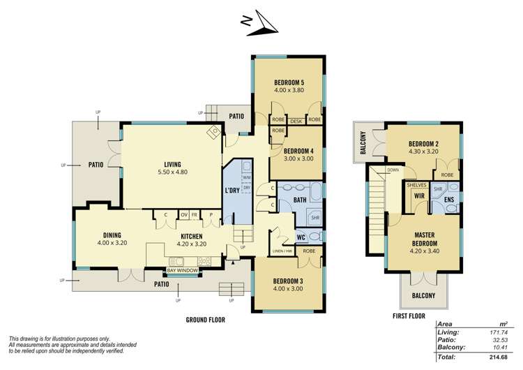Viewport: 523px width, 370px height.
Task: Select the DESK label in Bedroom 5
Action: pos(295,120)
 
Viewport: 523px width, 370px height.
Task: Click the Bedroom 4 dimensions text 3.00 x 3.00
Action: pos(298,158)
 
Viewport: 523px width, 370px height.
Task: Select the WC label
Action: pos(301,237)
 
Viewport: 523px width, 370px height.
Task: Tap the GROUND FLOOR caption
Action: pos(205,320)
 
